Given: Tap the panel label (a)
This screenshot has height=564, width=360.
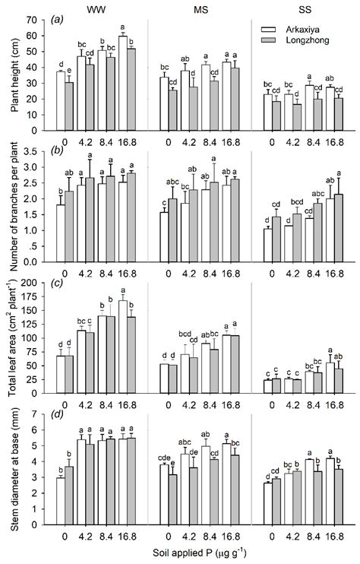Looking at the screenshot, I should (x=58, y=21).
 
